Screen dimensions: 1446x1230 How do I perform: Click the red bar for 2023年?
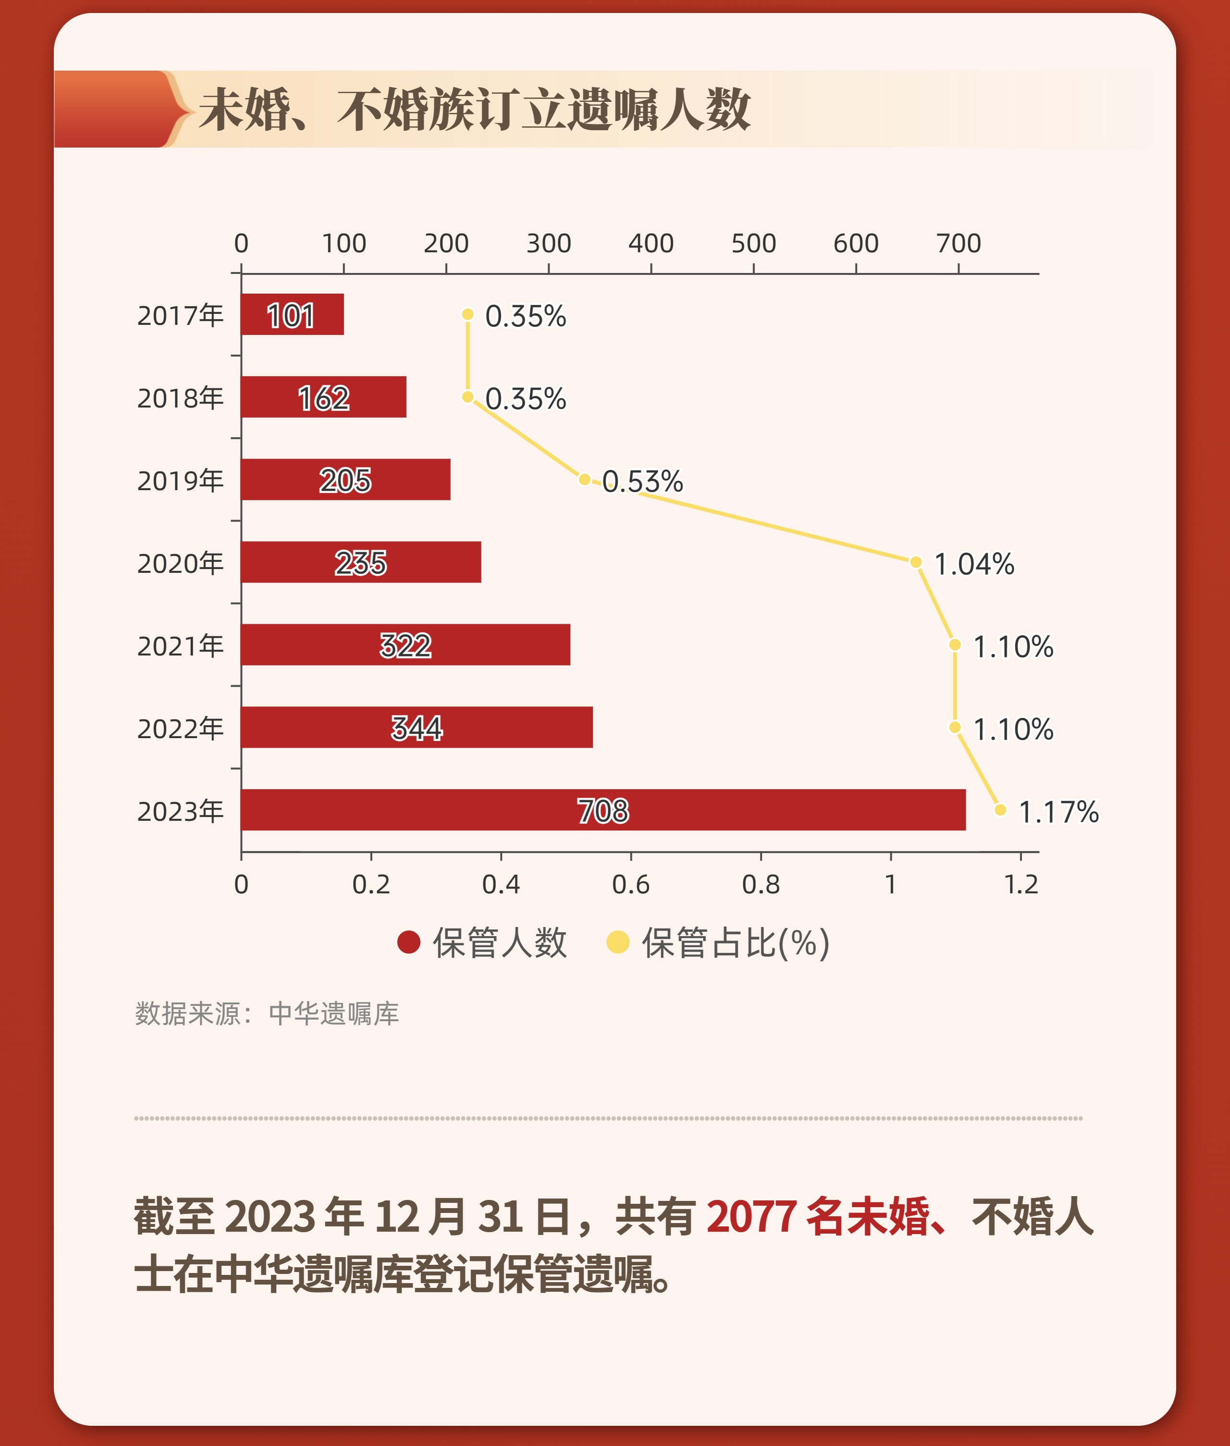tap(603, 810)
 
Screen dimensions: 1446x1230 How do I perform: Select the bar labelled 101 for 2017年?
tap(292, 315)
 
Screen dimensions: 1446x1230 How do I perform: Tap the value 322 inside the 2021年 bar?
tap(405, 645)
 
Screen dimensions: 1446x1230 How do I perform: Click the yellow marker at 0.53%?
tap(584, 479)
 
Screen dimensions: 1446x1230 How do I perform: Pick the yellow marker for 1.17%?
tap(1000, 810)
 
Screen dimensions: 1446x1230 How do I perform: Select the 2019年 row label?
tap(180, 481)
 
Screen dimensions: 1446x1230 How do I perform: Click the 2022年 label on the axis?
tap(180, 728)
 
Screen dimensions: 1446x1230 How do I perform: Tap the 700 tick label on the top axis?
tap(958, 244)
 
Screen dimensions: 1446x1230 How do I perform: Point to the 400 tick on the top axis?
tap(651, 244)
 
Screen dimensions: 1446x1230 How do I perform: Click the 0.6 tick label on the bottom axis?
tap(630, 885)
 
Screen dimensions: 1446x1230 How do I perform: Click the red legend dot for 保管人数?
tap(408, 942)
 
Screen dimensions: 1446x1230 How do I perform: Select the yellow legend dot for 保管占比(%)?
tap(618, 942)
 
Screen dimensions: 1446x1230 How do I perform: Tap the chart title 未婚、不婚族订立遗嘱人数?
tap(474, 110)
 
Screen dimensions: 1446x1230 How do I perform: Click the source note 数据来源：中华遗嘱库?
tap(267, 1013)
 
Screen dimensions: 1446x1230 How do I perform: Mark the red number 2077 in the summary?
tap(751, 1216)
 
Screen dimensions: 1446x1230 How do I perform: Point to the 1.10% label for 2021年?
tap(1012, 647)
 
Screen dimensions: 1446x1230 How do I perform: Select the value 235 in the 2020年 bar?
tap(360, 563)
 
